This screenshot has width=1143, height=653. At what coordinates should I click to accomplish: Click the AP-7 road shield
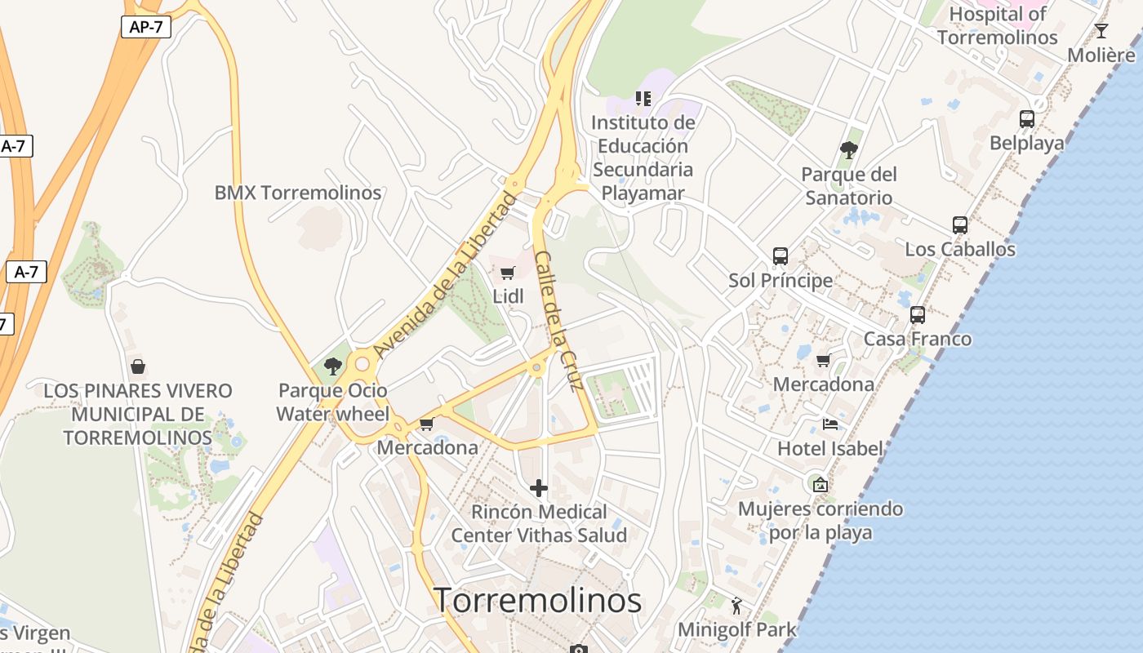point(146,26)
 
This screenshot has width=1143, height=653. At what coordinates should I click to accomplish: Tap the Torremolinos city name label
point(537,601)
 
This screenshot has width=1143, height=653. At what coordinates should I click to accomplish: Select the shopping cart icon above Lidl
point(508,273)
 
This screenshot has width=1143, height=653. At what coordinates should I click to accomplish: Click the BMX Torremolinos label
point(297,193)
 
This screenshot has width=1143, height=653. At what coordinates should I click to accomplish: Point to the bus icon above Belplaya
point(1027,119)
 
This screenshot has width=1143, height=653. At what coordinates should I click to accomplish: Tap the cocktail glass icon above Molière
point(1101,31)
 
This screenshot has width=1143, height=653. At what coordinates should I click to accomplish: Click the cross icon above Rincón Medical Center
point(539,488)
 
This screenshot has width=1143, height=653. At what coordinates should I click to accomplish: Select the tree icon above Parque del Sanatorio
point(849,150)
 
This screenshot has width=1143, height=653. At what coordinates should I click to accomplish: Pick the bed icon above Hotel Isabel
point(830,424)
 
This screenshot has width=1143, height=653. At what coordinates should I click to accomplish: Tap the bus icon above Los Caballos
point(960,224)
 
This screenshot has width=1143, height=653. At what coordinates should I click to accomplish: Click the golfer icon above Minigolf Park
point(736,606)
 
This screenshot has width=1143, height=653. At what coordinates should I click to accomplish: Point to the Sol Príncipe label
point(781,281)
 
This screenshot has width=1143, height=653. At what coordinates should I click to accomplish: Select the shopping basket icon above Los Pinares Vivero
point(138,366)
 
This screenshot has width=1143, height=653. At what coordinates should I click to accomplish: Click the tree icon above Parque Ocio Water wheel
point(332,366)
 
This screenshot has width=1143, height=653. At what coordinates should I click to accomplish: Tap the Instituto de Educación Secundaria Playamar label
point(643,158)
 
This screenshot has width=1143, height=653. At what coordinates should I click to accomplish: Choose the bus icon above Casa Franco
point(918,314)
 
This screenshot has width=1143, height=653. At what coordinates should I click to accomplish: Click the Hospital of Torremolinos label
point(997,25)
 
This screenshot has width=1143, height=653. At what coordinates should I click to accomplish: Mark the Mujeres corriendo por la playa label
point(820,521)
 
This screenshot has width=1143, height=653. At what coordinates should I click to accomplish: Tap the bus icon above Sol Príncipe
point(781,256)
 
